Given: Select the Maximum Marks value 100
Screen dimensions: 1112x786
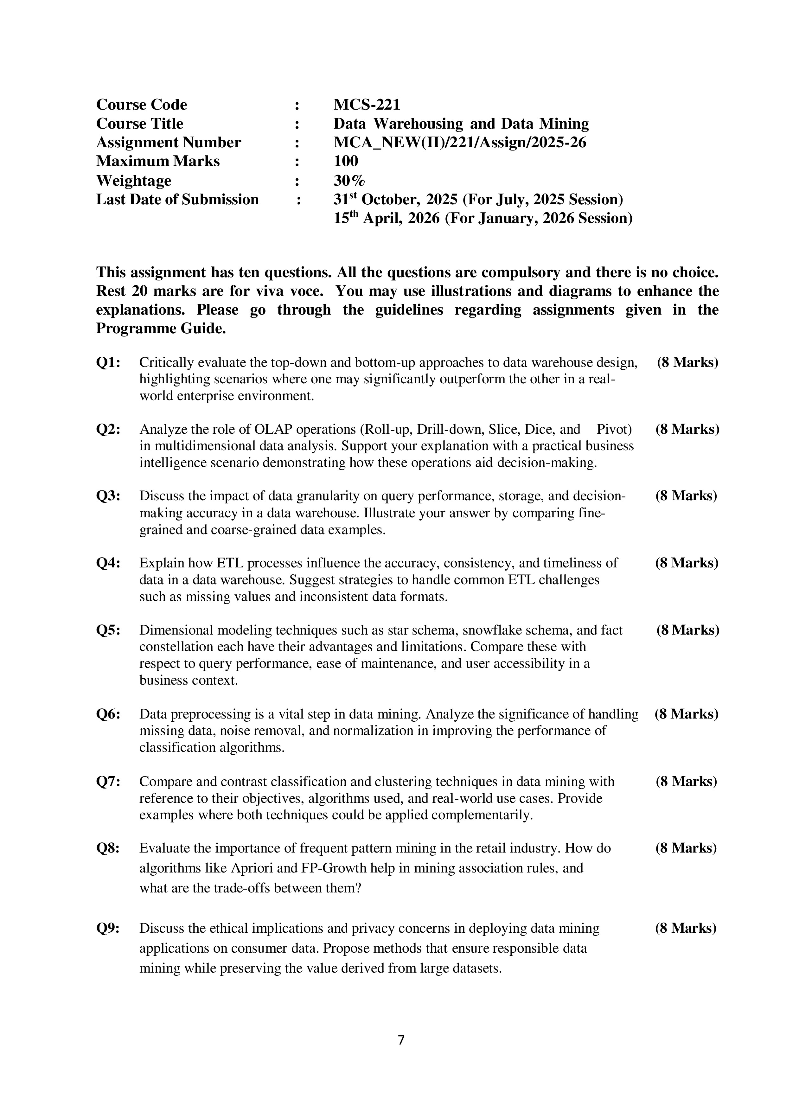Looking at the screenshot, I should (x=346, y=161).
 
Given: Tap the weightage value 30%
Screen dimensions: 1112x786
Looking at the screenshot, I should (x=349, y=180).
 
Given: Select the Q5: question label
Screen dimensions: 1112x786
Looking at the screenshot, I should (x=108, y=630).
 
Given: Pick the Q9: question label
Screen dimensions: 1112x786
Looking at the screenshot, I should (x=108, y=928).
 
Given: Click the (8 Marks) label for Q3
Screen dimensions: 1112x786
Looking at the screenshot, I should (x=686, y=496).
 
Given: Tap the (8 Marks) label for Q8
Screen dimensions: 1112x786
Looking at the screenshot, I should (x=686, y=848).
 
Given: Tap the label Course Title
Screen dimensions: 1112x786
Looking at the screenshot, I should (x=139, y=124).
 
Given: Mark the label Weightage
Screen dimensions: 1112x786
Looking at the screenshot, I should (x=134, y=180).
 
